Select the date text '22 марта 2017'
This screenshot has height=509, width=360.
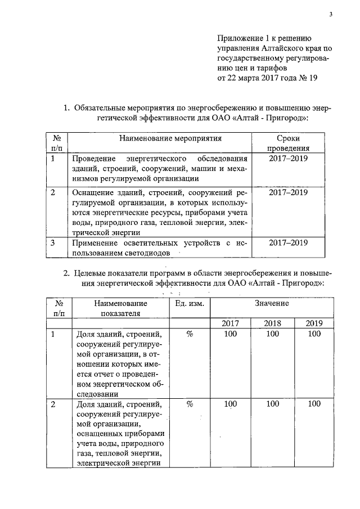pyautogui.click(x=253, y=78)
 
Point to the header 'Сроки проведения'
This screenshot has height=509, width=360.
pyautogui.click(x=288, y=143)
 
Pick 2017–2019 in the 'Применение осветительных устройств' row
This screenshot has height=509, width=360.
pyautogui.click(x=288, y=244)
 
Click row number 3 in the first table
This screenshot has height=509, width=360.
pyautogui.click(x=52, y=244)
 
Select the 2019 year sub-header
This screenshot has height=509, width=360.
pyautogui.click(x=314, y=323)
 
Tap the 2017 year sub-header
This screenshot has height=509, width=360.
pyautogui.click(x=230, y=323)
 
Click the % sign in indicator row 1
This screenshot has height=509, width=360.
pyautogui.click(x=190, y=334)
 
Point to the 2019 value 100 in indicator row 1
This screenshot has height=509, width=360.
pyautogui.click(x=314, y=334)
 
